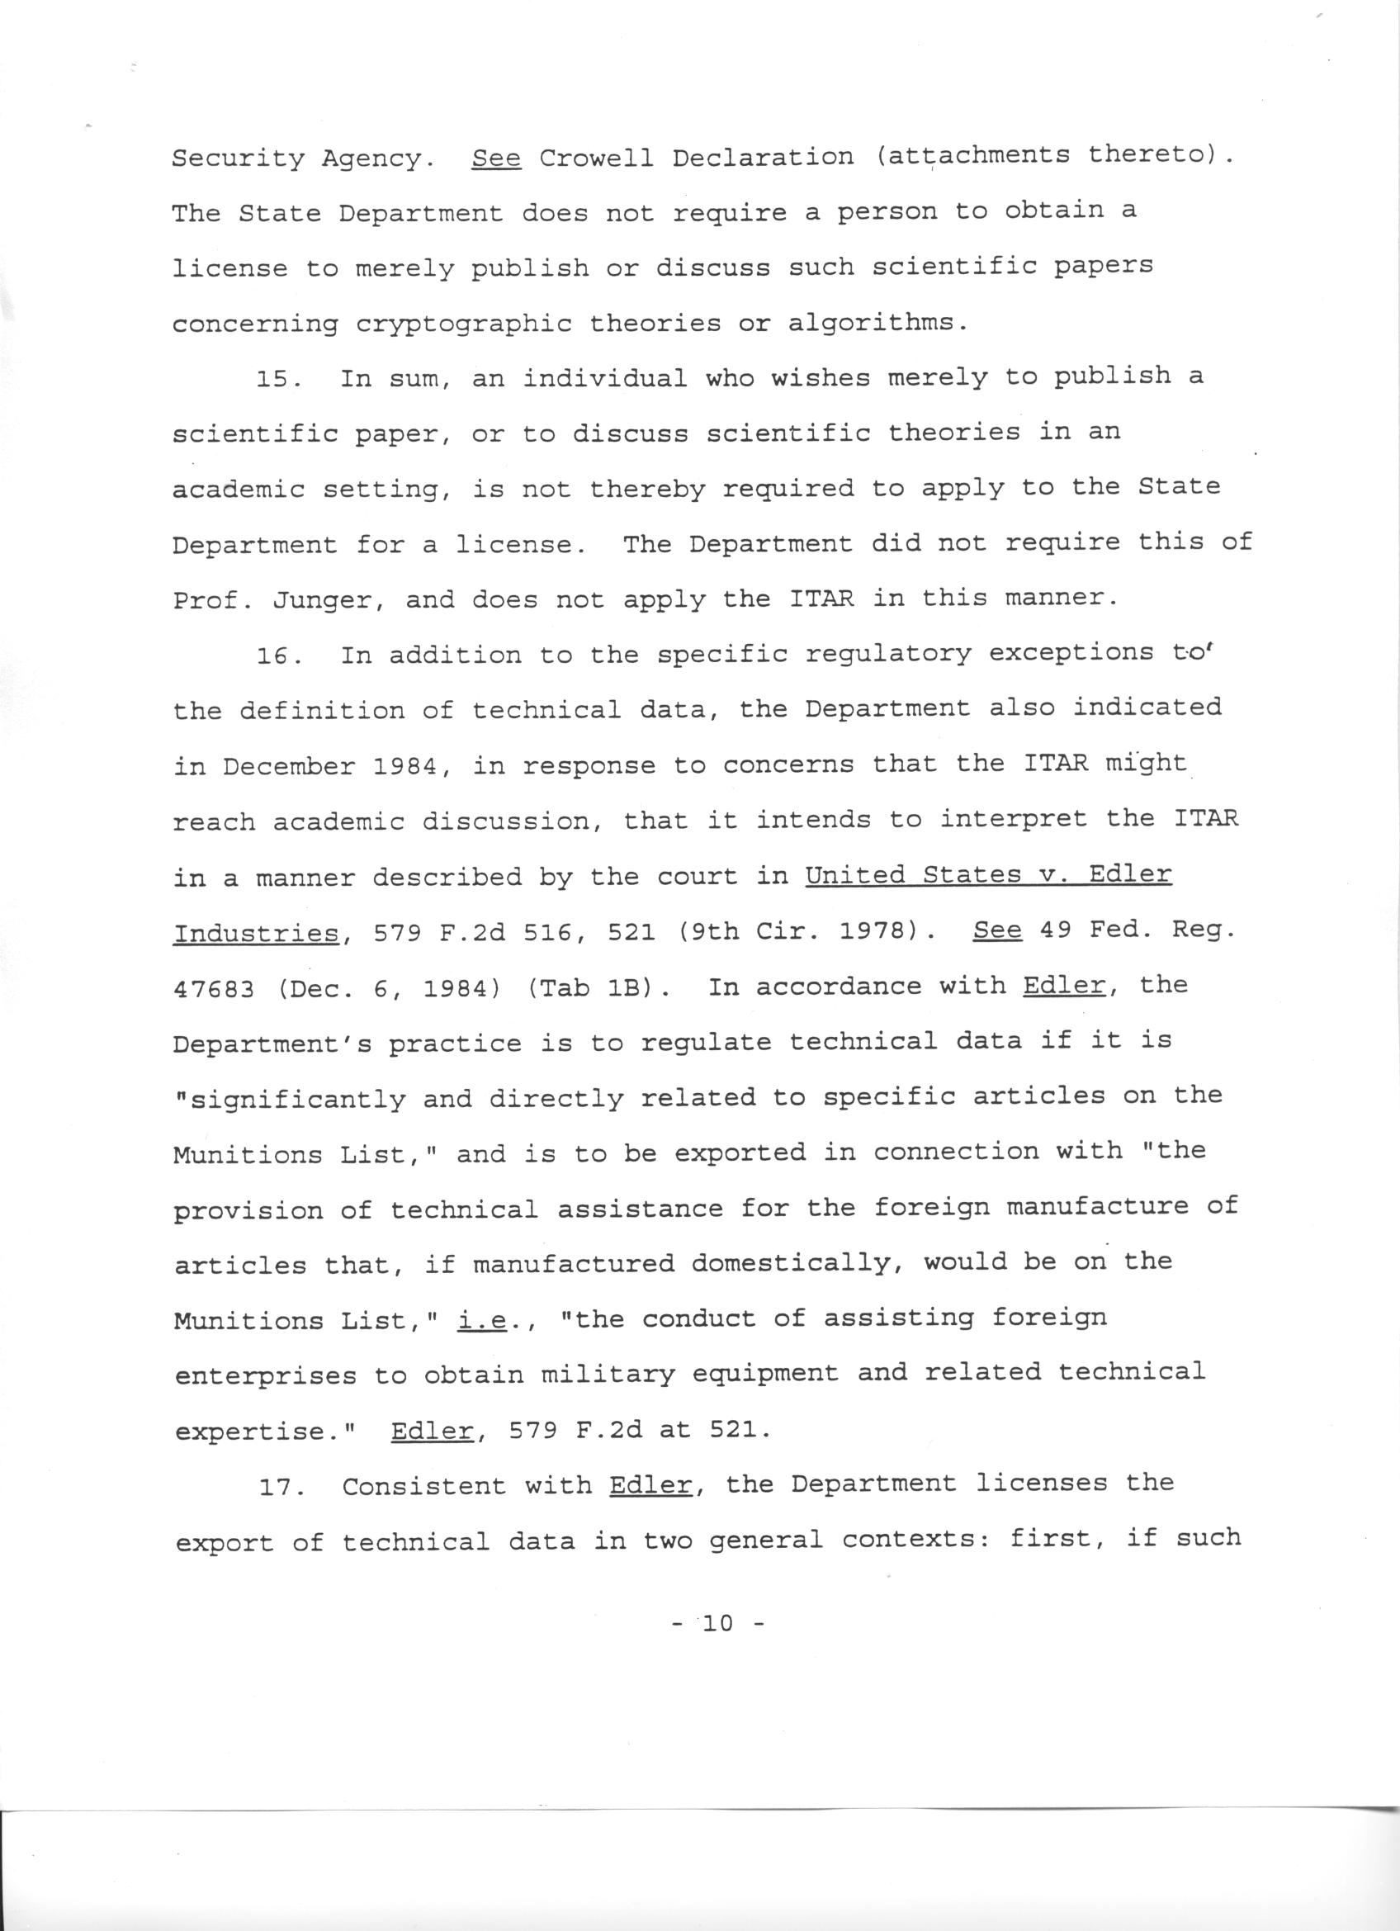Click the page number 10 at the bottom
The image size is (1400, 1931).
pyautogui.click(x=717, y=1623)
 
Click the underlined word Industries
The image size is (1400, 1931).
pyautogui.click(x=256, y=934)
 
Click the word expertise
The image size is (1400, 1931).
pyautogui.click(x=262, y=1432)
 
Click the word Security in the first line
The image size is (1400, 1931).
pyautogui.click(x=238, y=159)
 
